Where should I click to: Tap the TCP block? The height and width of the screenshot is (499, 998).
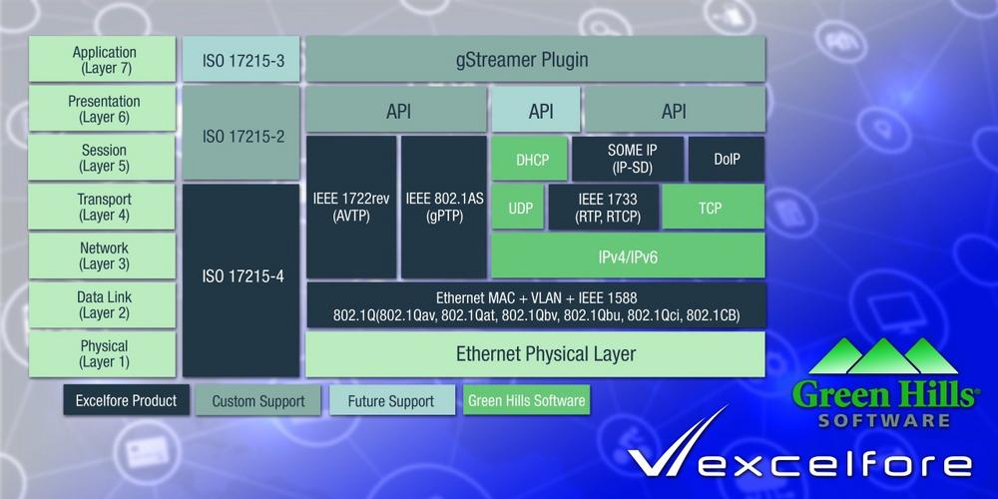coord(714,207)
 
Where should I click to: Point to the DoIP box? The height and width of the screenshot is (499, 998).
coord(727,159)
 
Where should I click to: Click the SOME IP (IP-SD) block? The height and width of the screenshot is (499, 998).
coord(628,159)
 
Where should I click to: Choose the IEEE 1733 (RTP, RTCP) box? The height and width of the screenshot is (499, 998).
coord(604,207)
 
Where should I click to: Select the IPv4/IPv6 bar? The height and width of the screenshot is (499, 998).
coord(628,255)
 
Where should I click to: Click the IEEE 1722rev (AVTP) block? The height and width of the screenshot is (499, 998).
coord(351,207)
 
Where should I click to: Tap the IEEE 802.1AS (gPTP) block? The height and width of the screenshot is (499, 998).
coord(444,207)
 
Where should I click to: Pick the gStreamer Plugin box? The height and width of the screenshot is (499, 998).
coord(535,59)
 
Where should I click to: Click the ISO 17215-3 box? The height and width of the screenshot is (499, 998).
coord(241,59)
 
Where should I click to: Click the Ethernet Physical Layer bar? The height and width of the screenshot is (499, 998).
coord(535,354)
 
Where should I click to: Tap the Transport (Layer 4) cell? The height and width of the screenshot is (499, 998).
coord(102,207)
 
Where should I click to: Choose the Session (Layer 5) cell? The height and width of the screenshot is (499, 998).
coord(102,158)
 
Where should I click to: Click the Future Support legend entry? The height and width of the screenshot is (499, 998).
coord(392,401)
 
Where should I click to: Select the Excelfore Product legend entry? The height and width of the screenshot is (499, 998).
coord(126,400)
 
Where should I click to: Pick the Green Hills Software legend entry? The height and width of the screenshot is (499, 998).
coord(526,400)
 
